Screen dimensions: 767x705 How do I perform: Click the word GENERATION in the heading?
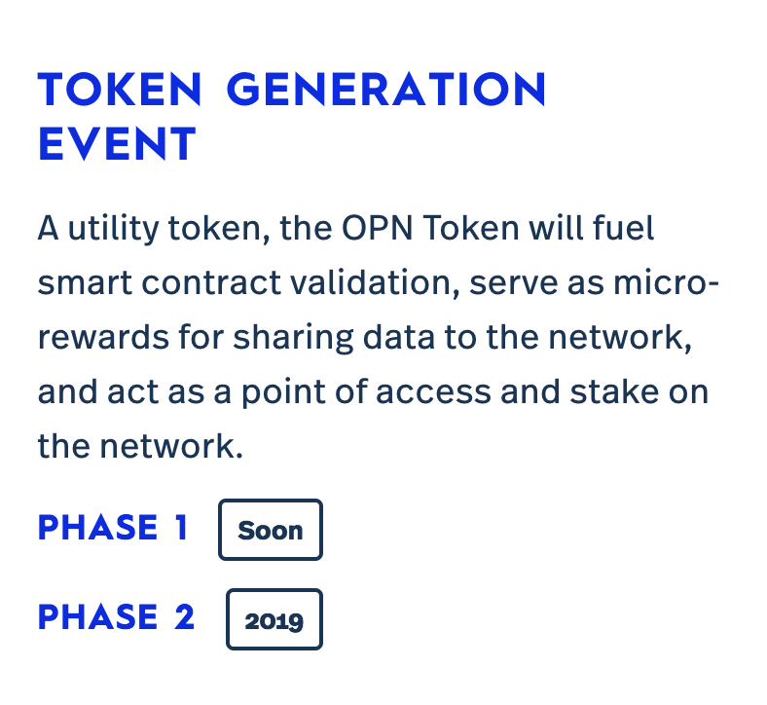tap(386, 89)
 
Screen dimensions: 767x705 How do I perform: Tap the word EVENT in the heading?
tap(117, 143)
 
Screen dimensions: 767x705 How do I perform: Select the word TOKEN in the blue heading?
tap(120, 89)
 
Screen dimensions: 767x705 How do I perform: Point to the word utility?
tap(114, 229)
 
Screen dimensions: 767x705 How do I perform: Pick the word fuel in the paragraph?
tap(623, 228)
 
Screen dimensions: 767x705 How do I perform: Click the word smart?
tap(85, 283)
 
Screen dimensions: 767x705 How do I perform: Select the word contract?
tap(211, 283)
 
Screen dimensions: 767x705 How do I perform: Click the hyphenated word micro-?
tap(666, 282)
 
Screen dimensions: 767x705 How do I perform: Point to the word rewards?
tap(103, 337)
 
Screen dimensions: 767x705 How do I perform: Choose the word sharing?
tap(293, 338)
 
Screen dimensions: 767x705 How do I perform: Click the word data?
tap(398, 337)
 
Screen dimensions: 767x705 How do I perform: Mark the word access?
tap(433, 392)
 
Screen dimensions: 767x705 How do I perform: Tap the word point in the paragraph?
tap(283, 392)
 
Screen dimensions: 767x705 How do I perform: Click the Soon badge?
tap(271, 530)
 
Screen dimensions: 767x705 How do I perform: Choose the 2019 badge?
tap(274, 619)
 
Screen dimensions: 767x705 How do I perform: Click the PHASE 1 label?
tap(113, 528)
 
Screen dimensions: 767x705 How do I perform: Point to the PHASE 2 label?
tap(117, 617)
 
